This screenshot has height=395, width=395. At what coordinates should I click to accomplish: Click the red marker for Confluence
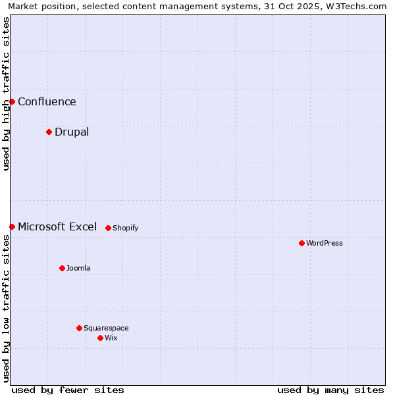[12, 101]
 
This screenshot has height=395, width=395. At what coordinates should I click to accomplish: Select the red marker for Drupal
[49, 132]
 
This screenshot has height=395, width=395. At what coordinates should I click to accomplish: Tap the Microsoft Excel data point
[12, 226]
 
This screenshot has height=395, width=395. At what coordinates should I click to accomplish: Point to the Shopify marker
[108, 228]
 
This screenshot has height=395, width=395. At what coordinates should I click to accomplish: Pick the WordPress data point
[302, 243]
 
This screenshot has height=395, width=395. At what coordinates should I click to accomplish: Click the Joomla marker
[62, 268]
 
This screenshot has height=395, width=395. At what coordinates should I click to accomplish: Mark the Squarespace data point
[79, 328]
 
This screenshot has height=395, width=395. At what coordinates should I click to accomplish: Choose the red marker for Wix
[100, 338]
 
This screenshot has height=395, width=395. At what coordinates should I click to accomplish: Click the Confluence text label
[47, 101]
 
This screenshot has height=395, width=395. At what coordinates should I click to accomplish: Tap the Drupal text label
[72, 132]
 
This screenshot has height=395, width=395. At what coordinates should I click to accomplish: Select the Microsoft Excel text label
[57, 226]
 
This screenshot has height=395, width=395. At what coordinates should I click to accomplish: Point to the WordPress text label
[325, 243]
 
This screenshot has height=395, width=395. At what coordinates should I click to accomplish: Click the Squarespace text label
[106, 328]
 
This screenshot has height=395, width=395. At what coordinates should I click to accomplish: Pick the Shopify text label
[125, 228]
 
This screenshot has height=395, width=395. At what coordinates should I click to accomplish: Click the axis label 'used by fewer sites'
[68, 390]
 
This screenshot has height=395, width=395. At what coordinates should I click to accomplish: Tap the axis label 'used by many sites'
[330, 390]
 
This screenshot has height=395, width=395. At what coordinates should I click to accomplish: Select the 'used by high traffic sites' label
[6, 93]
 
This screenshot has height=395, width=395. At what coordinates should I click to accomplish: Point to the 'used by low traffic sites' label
[6, 308]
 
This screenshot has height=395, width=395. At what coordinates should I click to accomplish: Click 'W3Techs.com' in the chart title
[359, 6]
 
